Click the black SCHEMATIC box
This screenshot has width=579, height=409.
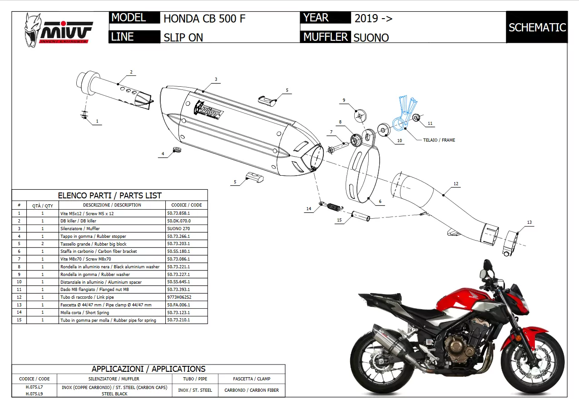tap(537, 27)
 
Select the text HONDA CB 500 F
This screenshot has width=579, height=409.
tap(204, 19)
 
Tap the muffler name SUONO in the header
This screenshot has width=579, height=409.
tap(371, 38)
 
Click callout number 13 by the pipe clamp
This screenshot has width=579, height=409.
tap(529, 222)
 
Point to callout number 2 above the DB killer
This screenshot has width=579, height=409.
tap(131, 72)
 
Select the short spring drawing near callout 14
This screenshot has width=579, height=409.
tap(334, 207)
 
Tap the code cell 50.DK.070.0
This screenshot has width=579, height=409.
tap(179, 221)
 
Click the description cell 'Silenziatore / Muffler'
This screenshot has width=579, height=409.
tap(80, 228)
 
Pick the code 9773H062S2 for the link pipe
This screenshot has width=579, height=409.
tap(180, 297)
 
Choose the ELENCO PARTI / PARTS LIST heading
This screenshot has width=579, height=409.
tap(109, 196)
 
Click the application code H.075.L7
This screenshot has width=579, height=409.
tap(35, 387)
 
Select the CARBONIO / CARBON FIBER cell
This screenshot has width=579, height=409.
tap(251, 390)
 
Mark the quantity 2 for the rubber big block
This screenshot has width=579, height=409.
tap(43, 244)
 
